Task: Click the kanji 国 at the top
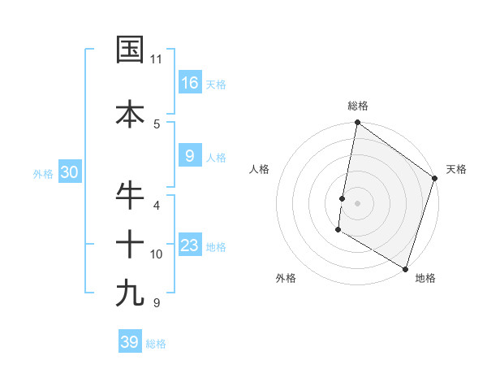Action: pyautogui.click(x=130, y=50)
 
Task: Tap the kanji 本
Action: pyautogui.click(x=130, y=114)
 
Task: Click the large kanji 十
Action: pyautogui.click(x=130, y=243)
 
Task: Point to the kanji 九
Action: pyautogui.click(x=130, y=293)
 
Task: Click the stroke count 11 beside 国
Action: pyautogui.click(x=156, y=59)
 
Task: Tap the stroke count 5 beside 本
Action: pyautogui.click(x=157, y=124)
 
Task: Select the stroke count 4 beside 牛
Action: pyautogui.click(x=157, y=205)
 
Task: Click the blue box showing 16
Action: pyautogui.click(x=190, y=83)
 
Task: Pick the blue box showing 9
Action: pyautogui.click(x=190, y=156)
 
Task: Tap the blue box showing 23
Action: pyautogui.click(x=190, y=245)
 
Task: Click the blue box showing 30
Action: pyautogui.click(x=69, y=172)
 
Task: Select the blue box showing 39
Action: pyautogui.click(x=130, y=342)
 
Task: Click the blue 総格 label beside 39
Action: pyautogui.click(x=156, y=344)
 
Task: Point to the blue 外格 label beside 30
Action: pyautogui.click(x=43, y=173)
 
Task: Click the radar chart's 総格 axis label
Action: pyautogui.click(x=357, y=106)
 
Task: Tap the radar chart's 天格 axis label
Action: pyautogui.click(x=456, y=169)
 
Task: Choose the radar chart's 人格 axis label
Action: pyautogui.click(x=259, y=169)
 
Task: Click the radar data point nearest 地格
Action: pyautogui.click(x=405, y=268)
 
